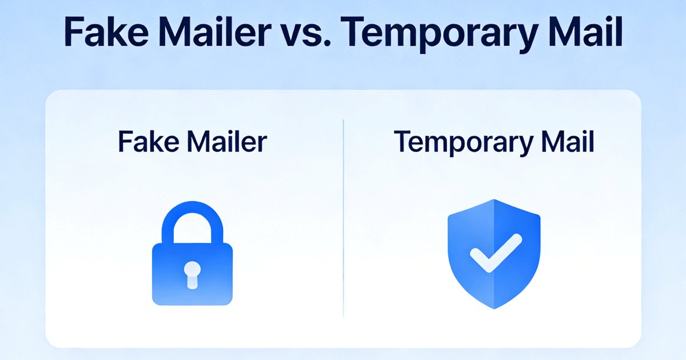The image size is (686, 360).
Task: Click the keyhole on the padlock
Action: point(193,273)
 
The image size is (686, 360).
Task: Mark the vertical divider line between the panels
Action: point(343,217)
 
